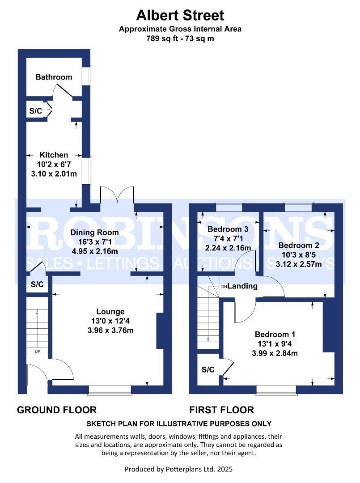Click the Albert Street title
tap(180, 16)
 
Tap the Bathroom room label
tap(54, 77)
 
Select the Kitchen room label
tap(54, 155)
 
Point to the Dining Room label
tap(94, 232)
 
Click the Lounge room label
tap(110, 311)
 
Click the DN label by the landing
tap(224, 286)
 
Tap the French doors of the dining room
tap(117, 196)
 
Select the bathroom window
tap(89, 76)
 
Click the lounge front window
tap(110, 390)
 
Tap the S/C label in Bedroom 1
tap(208, 369)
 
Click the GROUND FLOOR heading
tap(57, 410)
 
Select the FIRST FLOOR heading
tap(221, 410)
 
